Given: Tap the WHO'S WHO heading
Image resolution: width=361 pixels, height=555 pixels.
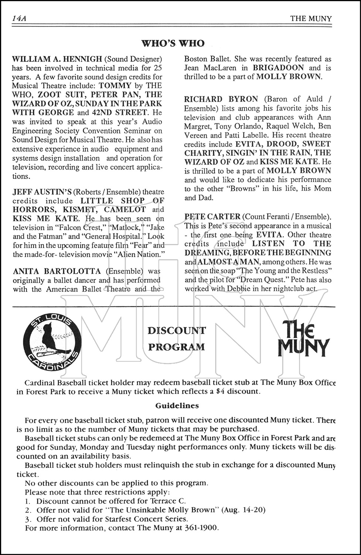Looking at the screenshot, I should click(x=173, y=43).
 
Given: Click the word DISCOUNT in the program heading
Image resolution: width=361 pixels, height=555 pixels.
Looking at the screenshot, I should click(x=177, y=330).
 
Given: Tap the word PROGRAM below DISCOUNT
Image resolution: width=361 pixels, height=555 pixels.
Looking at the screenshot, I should click(x=176, y=347).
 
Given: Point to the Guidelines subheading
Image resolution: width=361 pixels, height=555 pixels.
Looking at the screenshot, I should click(x=177, y=406).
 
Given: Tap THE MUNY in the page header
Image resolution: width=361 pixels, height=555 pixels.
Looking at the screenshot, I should click(x=311, y=18).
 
